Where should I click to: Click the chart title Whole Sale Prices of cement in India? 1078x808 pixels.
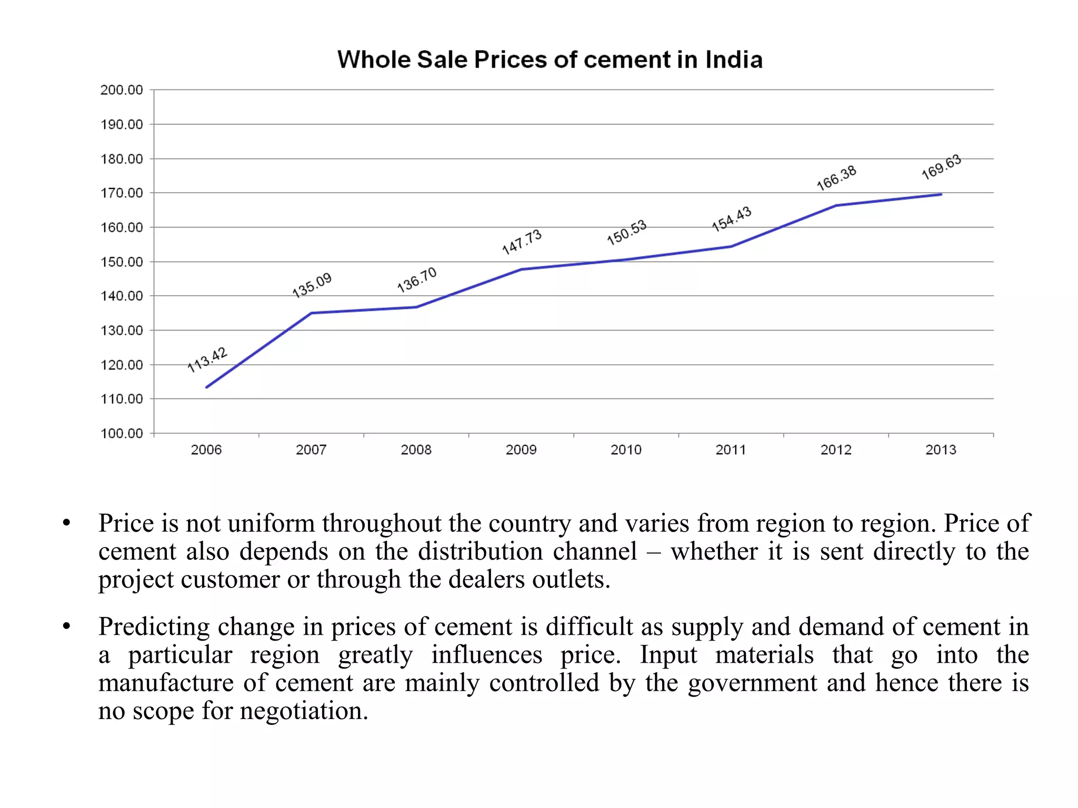(x=550, y=59)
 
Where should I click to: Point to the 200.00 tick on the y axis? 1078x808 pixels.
(x=122, y=90)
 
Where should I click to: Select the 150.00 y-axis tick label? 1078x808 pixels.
(x=122, y=262)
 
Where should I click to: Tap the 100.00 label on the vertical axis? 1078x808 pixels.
(x=122, y=433)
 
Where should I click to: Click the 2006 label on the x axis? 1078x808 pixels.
(x=206, y=450)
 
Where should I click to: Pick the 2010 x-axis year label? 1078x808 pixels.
(x=626, y=450)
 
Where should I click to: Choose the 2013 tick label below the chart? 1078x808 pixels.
(x=941, y=450)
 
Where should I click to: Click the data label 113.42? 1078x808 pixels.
(x=207, y=360)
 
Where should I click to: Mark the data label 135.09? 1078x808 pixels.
(x=312, y=285)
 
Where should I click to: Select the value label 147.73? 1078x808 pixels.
(x=522, y=242)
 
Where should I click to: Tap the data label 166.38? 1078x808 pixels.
(x=836, y=178)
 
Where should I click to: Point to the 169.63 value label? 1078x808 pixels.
(x=941, y=167)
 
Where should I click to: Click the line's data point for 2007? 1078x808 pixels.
(x=311, y=313)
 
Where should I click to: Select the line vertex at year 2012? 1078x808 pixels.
(x=836, y=206)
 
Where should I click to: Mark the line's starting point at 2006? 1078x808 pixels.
(x=206, y=387)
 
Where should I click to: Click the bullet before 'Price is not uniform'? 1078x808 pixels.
(x=66, y=524)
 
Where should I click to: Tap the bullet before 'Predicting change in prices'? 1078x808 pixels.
(x=66, y=627)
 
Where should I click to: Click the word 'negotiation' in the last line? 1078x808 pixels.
(x=304, y=711)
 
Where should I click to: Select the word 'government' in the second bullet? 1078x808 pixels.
(x=753, y=683)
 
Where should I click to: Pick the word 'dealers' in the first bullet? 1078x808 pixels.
(x=487, y=579)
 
